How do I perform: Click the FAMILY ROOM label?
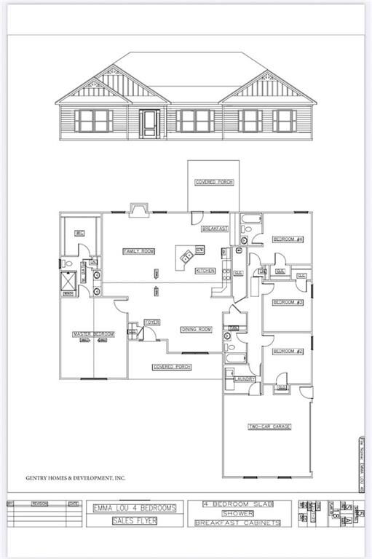tap(138, 251)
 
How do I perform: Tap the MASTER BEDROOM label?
tap(93, 334)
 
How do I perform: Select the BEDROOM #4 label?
tap(288, 239)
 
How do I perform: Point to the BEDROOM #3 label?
tap(288, 302)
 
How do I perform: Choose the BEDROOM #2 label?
tap(288, 352)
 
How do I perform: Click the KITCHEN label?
tap(205, 271)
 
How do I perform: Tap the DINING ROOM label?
tap(196, 330)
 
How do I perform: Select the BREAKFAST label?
tap(215, 229)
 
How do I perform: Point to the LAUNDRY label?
tap(243, 378)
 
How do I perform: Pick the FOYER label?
tap(151, 322)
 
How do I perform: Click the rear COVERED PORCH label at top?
tap(214, 182)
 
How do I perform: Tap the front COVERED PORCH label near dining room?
tap(172, 367)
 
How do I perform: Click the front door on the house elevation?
tap(150, 124)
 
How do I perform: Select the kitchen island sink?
tap(187, 255)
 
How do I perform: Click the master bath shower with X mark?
tap(69, 279)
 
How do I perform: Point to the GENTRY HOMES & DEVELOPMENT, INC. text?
tap(76, 478)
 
